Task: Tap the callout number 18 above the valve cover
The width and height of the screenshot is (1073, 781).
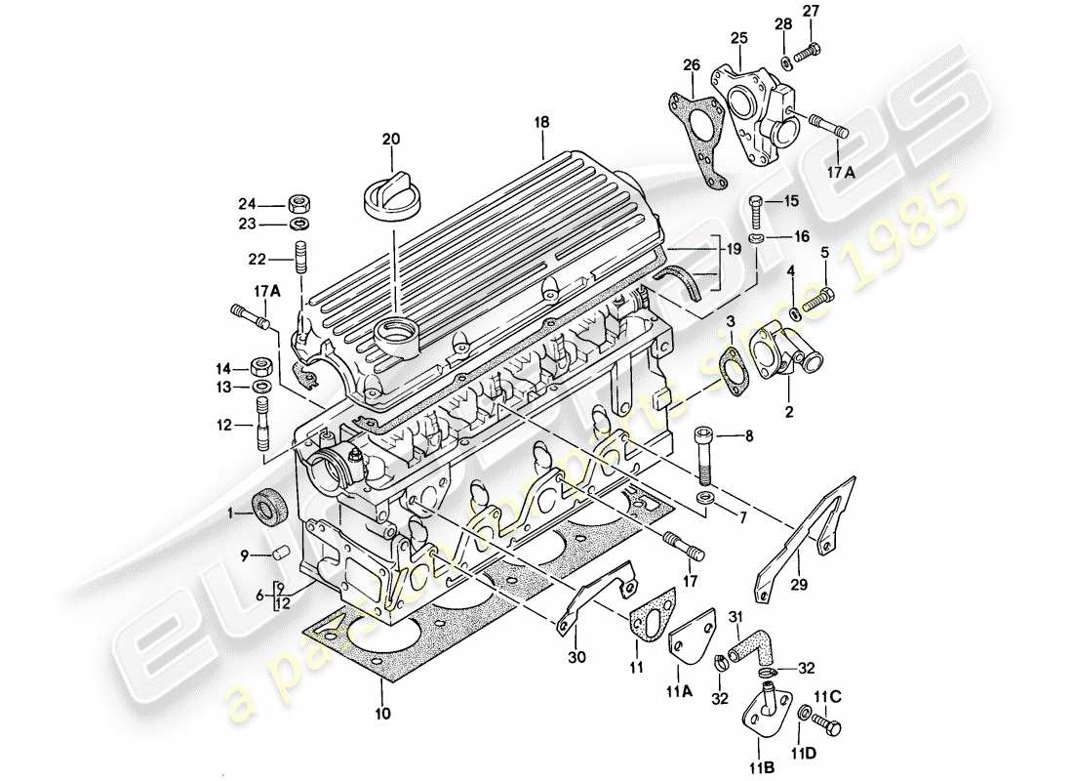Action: tap(542, 123)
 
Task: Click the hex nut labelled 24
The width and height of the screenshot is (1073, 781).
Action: tap(300, 204)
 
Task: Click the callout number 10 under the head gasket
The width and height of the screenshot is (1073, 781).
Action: tap(381, 714)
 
